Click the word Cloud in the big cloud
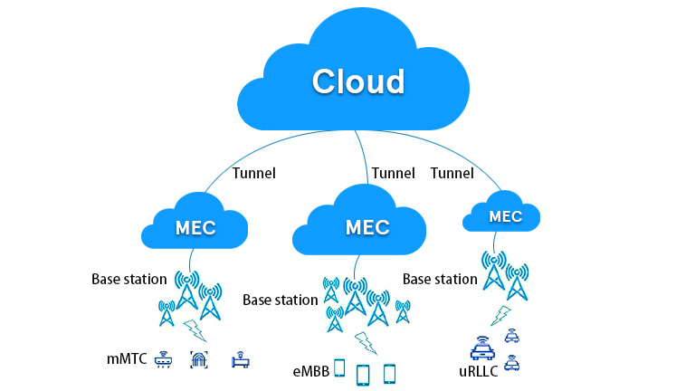tap(357, 81)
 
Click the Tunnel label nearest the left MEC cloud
tap(254, 173)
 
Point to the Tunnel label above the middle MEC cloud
tap(393, 173)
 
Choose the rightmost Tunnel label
tap(452, 173)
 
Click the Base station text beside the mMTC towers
tap(129, 279)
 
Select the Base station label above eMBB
tap(280, 300)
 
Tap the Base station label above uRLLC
tap(440, 279)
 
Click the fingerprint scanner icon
tap(199, 359)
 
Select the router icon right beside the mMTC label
tap(164, 359)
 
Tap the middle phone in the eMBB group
tap(363, 373)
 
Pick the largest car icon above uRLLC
tap(482, 348)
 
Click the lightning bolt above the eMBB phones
tap(366, 342)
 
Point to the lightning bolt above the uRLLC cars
tap(500, 315)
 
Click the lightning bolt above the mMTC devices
tap(194, 329)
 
